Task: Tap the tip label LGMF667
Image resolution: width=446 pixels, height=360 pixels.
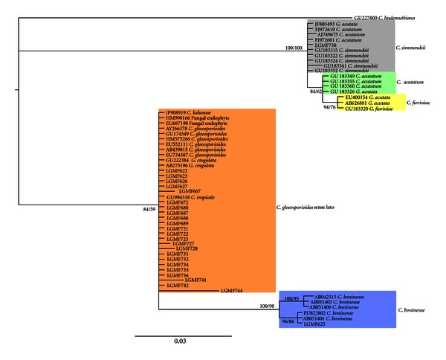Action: (195, 191)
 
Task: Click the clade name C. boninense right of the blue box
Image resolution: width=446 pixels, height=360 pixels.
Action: (412, 309)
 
